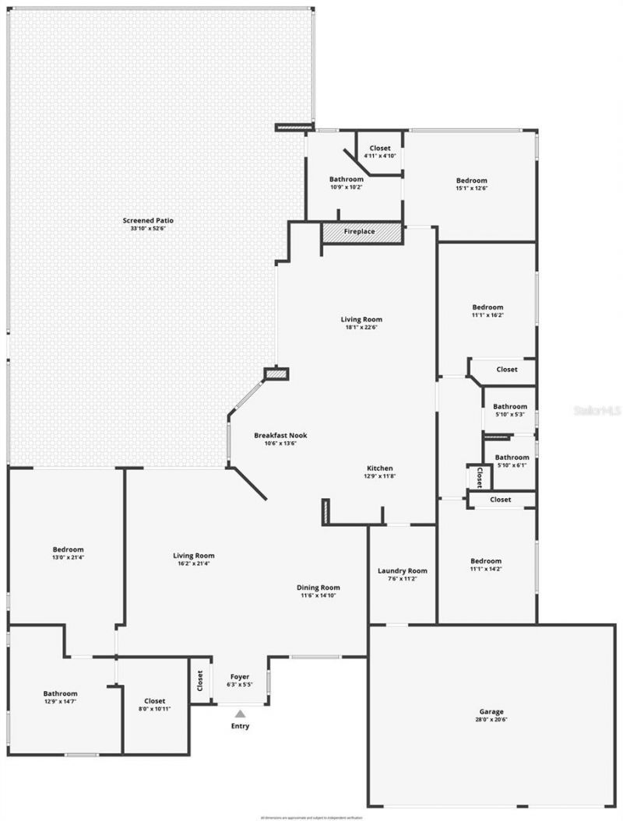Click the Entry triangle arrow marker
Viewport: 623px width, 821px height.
click(241, 713)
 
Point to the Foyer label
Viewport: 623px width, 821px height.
click(240, 676)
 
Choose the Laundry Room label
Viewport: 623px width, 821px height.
click(403, 570)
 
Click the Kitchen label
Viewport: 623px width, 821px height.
click(380, 468)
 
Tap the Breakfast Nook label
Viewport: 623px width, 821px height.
click(276, 435)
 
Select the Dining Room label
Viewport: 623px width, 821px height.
click(319, 588)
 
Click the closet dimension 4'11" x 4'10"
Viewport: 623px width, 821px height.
click(380, 156)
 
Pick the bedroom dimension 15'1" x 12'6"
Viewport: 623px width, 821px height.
click(472, 188)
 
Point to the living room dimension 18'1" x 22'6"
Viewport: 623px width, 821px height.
click(361, 327)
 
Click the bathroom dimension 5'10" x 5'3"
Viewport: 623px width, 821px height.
click(510, 414)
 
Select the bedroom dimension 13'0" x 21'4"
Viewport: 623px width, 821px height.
click(69, 557)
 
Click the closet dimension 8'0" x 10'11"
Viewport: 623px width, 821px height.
click(154, 709)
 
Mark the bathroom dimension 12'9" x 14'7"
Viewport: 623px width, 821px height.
click(60, 702)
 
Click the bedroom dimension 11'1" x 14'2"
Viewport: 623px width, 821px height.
click(486, 569)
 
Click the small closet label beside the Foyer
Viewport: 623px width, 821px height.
click(200, 682)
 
